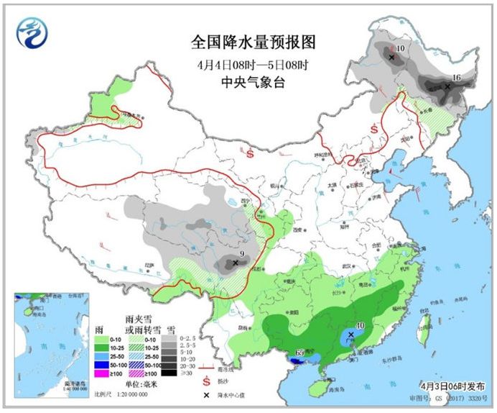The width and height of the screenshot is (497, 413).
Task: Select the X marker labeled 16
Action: [447, 86]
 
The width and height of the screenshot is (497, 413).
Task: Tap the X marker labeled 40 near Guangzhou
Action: [350, 335]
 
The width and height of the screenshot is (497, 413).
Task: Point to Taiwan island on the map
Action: [424, 322]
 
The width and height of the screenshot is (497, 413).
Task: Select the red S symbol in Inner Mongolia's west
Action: [249, 153]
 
